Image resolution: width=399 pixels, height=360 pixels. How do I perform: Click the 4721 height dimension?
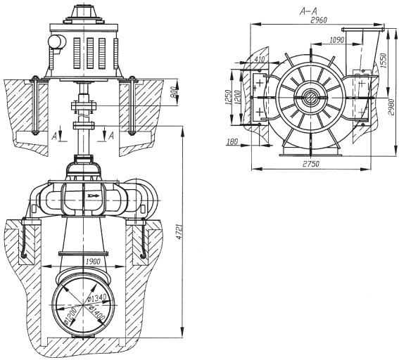point(180,231)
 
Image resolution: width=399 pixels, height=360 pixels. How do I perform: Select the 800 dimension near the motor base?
point(174,92)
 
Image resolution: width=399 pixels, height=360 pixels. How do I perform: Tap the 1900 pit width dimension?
point(93,262)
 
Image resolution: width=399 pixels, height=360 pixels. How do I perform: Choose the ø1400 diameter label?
point(97,314)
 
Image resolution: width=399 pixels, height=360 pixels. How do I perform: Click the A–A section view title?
point(308,11)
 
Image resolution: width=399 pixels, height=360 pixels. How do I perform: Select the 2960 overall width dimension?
point(319,20)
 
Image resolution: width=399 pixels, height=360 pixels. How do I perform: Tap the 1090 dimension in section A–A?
point(337,40)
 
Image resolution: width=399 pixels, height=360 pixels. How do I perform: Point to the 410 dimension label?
point(260,59)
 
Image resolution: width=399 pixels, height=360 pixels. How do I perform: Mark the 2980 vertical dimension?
point(392,107)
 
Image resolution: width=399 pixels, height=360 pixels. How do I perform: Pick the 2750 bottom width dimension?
point(311,164)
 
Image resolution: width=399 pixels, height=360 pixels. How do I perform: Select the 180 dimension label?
point(232,141)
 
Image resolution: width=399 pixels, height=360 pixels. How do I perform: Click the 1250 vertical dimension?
point(227,97)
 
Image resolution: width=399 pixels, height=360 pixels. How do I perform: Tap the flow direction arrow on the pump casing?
point(94,195)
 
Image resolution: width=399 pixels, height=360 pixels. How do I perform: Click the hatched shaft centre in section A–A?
point(310,97)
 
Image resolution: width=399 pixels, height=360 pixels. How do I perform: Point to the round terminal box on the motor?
point(57,41)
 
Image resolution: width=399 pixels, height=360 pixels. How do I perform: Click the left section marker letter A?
point(54,136)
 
